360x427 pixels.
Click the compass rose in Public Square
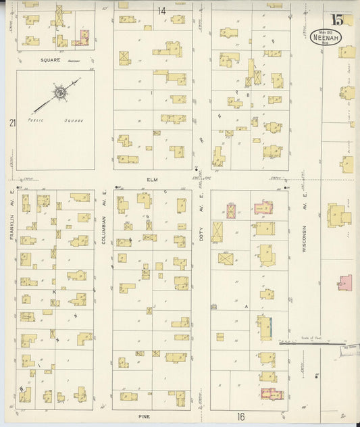(x=59, y=92)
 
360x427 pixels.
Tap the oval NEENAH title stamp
(x=326, y=36)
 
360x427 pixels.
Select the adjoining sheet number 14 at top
(x=161, y=10)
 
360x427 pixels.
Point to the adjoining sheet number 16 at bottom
(x=240, y=417)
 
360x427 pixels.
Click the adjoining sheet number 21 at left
(x=12, y=122)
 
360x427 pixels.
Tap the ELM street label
(x=151, y=180)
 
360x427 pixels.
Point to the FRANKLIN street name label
(x=12, y=226)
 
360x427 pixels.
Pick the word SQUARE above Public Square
(x=50, y=59)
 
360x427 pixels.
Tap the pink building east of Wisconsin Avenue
(x=344, y=282)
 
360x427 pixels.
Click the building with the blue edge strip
(x=265, y=328)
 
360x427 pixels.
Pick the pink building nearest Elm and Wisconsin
(x=263, y=208)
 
